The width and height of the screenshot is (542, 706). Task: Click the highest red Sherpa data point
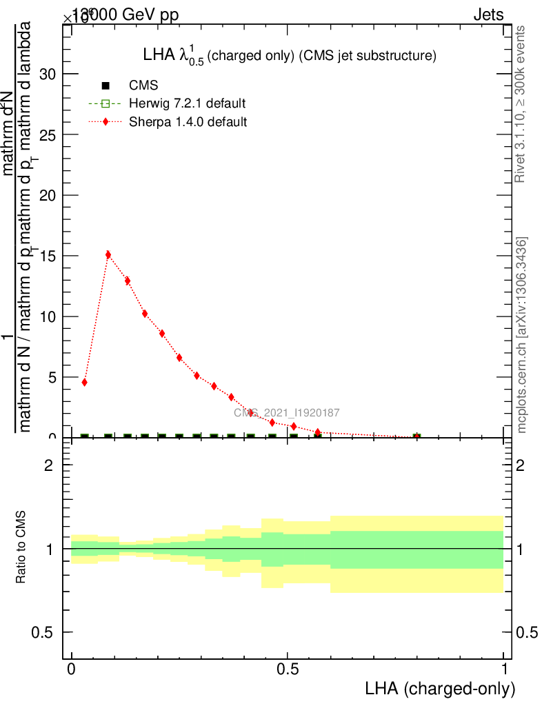click(108, 254)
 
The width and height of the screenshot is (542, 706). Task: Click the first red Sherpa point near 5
click(84, 382)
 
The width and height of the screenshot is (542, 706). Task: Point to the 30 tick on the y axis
click(48, 74)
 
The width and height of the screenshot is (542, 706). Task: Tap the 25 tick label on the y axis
click(48, 134)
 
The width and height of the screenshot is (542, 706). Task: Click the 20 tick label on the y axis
click(48, 195)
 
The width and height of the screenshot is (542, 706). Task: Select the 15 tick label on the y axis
click(48, 256)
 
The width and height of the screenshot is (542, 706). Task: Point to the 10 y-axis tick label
click(48, 316)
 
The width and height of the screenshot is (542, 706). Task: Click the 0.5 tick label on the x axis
click(288, 669)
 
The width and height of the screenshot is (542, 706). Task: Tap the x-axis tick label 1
click(504, 669)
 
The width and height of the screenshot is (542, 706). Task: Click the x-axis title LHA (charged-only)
click(440, 688)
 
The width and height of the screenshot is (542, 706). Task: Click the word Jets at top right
click(488, 15)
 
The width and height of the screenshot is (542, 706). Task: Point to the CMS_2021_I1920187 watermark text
click(286, 413)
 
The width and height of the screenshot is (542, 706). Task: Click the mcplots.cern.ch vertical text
click(522, 335)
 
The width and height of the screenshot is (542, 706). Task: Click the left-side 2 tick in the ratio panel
click(49, 465)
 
